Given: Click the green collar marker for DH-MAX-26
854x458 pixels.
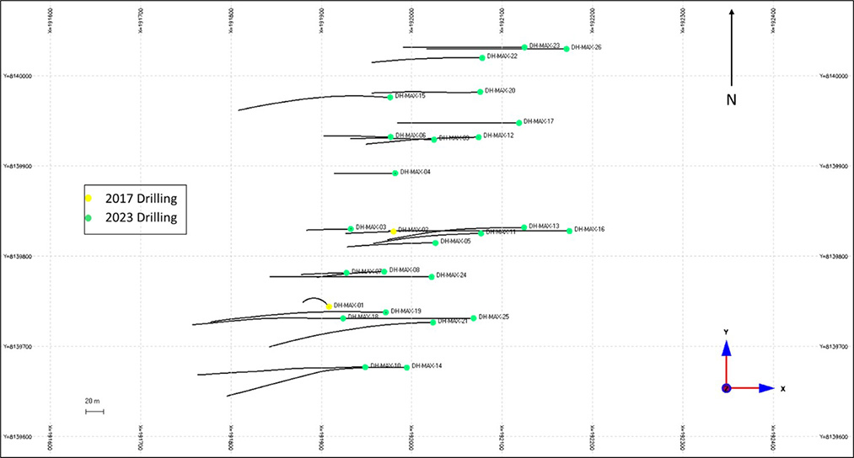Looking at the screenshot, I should pyautogui.click(x=567, y=49).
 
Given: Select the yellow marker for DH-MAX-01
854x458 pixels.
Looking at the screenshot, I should pyautogui.click(x=329, y=306).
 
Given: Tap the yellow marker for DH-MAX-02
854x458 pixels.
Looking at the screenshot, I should pyautogui.click(x=393, y=231).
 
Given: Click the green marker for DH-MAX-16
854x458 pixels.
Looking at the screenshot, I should pyautogui.click(x=569, y=231).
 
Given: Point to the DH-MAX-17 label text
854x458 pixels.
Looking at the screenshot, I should pyautogui.click(x=539, y=121).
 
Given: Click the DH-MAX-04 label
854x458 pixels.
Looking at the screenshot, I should pyautogui.click(x=416, y=172).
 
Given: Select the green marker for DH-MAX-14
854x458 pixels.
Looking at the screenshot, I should pyautogui.click(x=407, y=367).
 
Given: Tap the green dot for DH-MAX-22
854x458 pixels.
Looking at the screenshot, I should pyautogui.click(x=482, y=58).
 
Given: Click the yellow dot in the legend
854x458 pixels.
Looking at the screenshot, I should pyautogui.click(x=89, y=198).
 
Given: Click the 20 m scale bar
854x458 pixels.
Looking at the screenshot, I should pyautogui.click(x=94, y=412).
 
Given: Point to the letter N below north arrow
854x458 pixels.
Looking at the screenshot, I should pyautogui.click(x=732, y=101).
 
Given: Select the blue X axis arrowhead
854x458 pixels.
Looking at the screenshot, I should pyautogui.click(x=766, y=388).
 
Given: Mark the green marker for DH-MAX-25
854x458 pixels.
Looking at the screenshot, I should pyautogui.click(x=474, y=318).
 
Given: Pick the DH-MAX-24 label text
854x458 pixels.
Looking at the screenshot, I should pyautogui.click(x=452, y=275).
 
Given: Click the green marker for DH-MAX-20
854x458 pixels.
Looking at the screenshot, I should pyautogui.click(x=481, y=92).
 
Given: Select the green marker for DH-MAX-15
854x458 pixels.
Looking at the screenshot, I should pyautogui.click(x=389, y=98).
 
